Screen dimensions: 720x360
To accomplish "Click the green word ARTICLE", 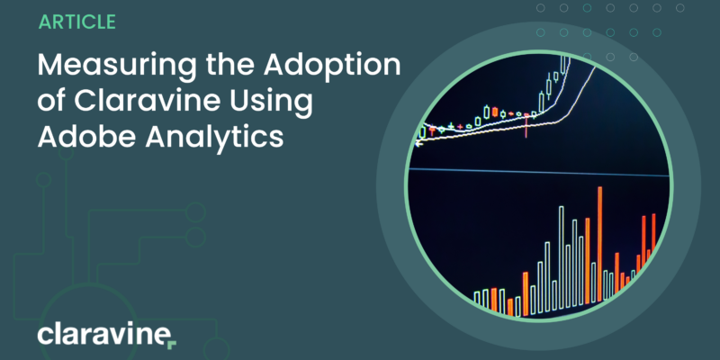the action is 77,22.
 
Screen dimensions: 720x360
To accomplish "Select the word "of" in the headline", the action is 52,103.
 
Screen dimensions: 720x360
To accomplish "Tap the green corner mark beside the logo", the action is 172,345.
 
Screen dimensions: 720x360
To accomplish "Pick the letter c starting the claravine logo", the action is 44,337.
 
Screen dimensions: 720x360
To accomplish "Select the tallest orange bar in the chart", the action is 599,244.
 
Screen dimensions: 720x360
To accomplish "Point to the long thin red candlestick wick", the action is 526,126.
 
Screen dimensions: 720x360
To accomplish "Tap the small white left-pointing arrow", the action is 418,144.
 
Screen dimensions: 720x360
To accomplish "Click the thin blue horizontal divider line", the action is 538,172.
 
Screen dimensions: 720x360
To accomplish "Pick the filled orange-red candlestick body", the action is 495,112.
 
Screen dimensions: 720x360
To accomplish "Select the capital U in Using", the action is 239,103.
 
